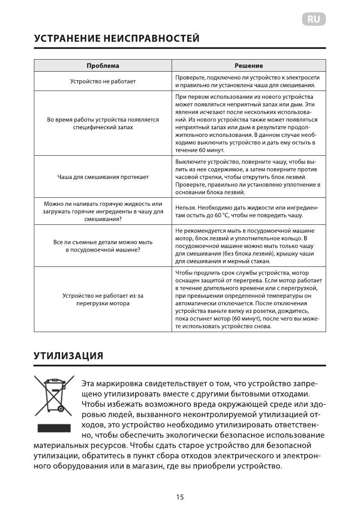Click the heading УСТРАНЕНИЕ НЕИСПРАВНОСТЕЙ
116,39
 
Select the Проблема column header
103,66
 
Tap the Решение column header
249,66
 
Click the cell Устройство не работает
103,81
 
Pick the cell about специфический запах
103,124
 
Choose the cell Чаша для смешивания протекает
103,177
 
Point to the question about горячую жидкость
103,211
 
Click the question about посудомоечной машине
103,246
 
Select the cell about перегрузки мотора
103,299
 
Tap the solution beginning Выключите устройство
248,177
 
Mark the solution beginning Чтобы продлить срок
248,299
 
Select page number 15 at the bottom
180,497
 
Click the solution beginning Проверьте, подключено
248,81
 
